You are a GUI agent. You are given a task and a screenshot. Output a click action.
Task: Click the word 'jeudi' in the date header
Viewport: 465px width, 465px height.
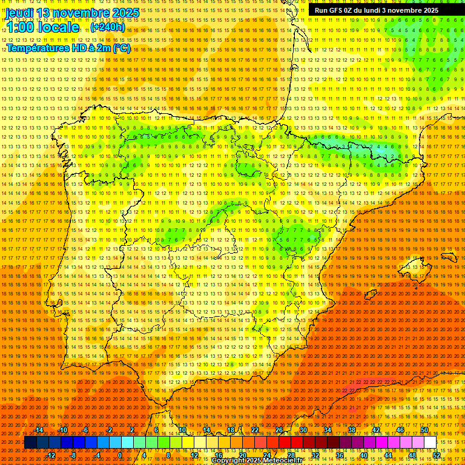19,13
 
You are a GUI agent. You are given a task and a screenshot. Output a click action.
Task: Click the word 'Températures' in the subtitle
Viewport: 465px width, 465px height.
38,48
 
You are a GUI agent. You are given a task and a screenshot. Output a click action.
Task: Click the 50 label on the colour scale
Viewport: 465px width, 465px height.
424,430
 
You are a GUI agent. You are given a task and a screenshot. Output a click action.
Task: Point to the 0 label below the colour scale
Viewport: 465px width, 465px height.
120,455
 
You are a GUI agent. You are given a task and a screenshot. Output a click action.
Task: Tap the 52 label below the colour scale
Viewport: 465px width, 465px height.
437,455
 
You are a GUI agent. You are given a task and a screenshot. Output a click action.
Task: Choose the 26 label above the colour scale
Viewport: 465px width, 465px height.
279,430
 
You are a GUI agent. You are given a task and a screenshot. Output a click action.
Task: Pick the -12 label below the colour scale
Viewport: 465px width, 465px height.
51,455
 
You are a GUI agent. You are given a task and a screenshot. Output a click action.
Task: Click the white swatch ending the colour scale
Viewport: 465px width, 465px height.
430,443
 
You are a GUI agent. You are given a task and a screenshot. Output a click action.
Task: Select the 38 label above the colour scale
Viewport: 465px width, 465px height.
352,430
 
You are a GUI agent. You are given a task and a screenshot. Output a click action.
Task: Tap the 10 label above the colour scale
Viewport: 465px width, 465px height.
182,430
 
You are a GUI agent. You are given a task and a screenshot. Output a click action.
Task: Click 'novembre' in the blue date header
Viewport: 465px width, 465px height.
78,13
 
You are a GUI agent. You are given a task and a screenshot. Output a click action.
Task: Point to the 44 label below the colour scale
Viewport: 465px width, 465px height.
388,455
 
